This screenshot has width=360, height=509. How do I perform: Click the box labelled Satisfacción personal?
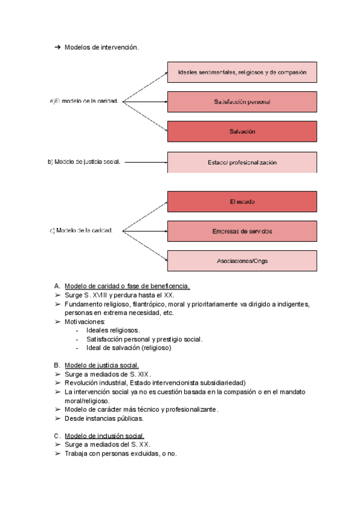[242, 102]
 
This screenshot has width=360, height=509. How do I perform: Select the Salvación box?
[242, 131]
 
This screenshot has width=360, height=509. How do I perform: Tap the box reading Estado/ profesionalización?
[242, 162]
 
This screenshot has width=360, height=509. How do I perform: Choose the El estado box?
[242, 202]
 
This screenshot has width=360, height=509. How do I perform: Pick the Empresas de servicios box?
[242, 231]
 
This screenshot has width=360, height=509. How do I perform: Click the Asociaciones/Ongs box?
[242, 261]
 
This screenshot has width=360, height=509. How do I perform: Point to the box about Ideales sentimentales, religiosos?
[242, 72]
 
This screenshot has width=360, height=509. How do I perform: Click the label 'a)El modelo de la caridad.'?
[83, 101]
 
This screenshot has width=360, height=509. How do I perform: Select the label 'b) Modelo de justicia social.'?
[84, 161]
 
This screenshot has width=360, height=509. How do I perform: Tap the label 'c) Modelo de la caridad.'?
[82, 230]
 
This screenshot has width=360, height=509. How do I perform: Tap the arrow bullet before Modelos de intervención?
[58, 48]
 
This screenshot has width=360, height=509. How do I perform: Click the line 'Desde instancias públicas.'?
[104, 418]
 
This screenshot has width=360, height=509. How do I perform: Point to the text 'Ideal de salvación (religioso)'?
[129, 348]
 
